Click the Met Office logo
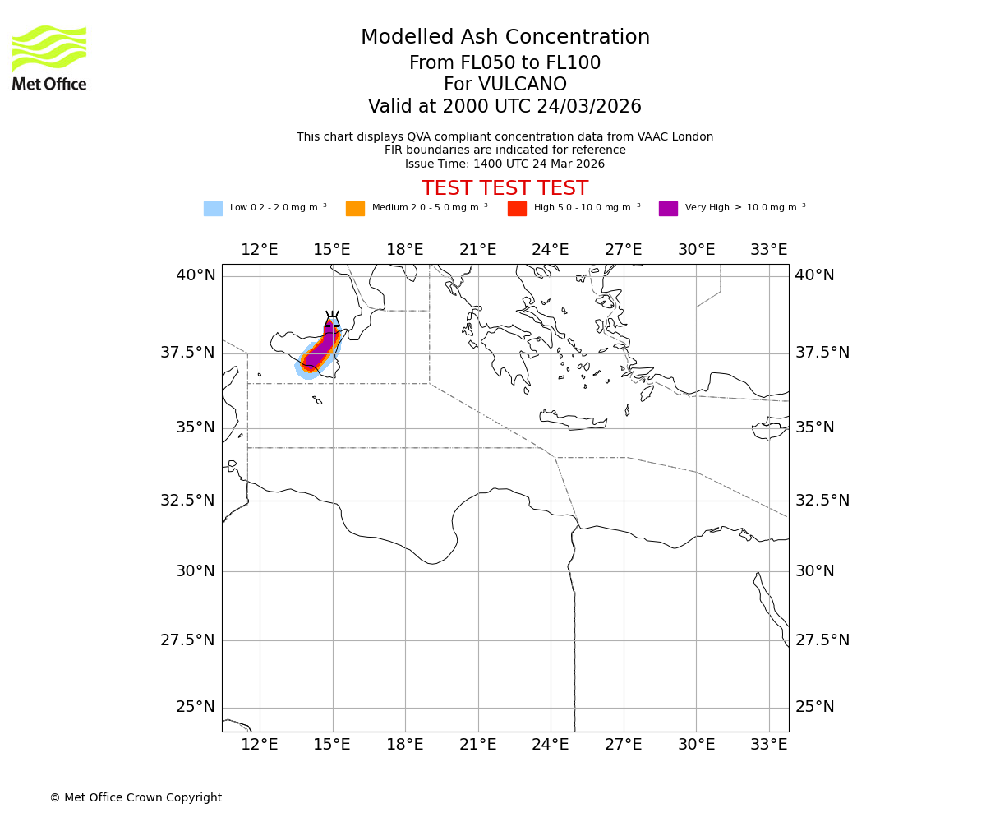(49, 58)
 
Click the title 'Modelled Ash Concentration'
(505, 38)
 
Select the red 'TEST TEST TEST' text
(505, 188)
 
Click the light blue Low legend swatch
(213, 209)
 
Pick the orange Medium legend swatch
(355, 209)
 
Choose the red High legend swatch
(517, 209)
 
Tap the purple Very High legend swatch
(668, 209)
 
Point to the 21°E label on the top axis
(477, 250)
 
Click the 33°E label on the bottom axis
(769, 745)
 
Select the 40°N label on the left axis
(196, 275)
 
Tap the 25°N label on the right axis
(814, 707)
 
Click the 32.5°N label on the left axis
(187, 500)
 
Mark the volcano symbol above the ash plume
(332, 319)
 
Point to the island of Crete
(574, 422)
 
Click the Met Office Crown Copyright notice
(136, 797)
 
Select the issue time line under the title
(505, 164)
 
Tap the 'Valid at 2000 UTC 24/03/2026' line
(505, 107)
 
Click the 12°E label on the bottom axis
(259, 745)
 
